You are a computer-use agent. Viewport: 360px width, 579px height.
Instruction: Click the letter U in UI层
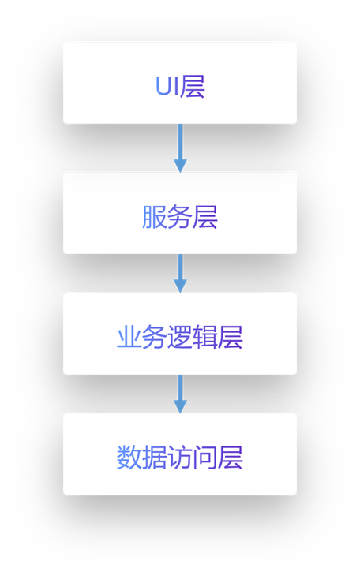[x=163, y=86]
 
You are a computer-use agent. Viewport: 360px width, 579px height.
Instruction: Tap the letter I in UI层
[x=176, y=86]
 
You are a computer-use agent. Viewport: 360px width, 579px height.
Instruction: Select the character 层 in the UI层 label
[x=193, y=86]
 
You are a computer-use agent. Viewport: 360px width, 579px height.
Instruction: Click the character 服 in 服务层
[x=154, y=216]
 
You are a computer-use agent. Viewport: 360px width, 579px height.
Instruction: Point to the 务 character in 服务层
[x=180, y=216]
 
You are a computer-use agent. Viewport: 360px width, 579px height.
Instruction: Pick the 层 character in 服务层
[x=205, y=216]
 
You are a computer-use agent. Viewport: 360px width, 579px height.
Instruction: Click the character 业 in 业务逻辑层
[x=129, y=337]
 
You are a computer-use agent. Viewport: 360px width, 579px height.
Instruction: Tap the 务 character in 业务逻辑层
[x=155, y=337]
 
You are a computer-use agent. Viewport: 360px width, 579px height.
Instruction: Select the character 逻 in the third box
[x=180, y=337]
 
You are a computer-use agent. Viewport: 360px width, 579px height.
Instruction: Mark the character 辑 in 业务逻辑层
[x=205, y=337]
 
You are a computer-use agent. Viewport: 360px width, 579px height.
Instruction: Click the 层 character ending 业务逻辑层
[x=231, y=337]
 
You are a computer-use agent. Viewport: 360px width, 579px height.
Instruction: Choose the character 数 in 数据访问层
[x=129, y=458]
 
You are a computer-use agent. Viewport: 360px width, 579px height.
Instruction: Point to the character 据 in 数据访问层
[x=155, y=458]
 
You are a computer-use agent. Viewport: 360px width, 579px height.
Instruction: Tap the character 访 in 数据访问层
[x=180, y=458]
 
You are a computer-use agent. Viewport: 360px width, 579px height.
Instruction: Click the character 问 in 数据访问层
[x=205, y=458]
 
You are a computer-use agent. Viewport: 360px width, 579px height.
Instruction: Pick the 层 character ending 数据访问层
[x=231, y=458]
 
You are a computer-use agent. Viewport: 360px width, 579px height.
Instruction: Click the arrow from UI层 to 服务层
[x=180, y=148]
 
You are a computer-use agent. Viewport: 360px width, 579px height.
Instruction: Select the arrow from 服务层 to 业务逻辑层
[x=180, y=273]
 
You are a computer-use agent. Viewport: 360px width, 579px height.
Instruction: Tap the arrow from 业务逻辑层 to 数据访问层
[x=180, y=394]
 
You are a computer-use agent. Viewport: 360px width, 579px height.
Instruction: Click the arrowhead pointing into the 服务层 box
[x=180, y=166]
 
